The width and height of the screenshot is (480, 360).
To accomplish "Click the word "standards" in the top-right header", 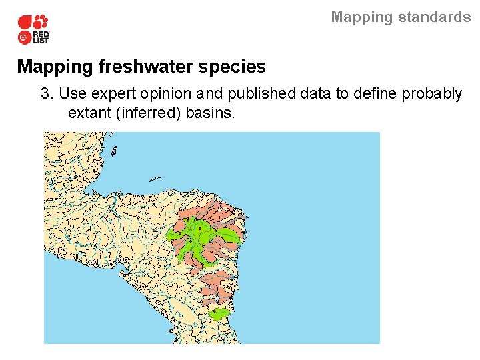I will point(437,17).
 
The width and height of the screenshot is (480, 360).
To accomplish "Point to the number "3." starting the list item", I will point(47,93).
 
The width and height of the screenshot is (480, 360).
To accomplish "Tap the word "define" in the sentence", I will point(375,93).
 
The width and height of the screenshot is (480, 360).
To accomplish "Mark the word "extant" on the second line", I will point(90,113).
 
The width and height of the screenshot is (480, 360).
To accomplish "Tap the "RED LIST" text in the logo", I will point(41,37).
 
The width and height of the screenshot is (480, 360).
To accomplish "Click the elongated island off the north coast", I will point(155,179).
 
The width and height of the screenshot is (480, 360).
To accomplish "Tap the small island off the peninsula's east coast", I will point(113,152).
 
